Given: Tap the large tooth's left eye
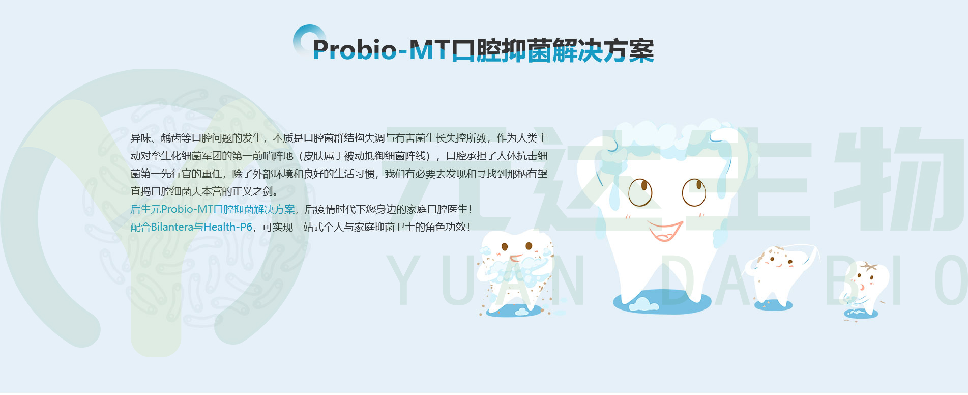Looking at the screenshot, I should coord(640,191).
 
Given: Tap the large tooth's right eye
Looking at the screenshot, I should coord(694,192).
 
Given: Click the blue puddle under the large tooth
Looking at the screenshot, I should coord(661,303).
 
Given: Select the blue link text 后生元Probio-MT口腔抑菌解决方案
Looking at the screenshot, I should coord(212,209).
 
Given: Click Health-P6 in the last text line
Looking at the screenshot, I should coord(227,227).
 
